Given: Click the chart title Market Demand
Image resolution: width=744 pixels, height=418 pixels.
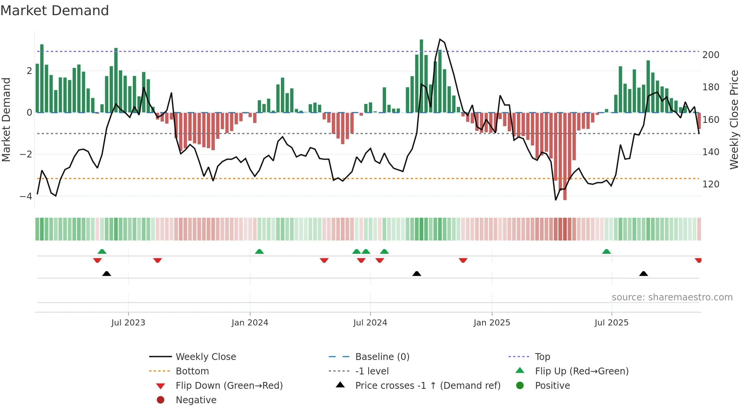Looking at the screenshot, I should pyautogui.click(x=55, y=11).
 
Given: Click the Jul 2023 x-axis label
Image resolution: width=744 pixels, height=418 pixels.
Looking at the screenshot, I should pyautogui.click(x=128, y=323).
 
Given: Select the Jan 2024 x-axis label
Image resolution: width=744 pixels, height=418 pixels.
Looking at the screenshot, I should pyautogui.click(x=250, y=323).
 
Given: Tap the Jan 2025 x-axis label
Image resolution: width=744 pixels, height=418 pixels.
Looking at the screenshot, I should pyautogui.click(x=492, y=323).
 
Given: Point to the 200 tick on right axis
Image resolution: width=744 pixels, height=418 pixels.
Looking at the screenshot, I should pyautogui.click(x=711, y=55).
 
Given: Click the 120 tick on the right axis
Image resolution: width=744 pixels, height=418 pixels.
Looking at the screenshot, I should pyautogui.click(x=711, y=184).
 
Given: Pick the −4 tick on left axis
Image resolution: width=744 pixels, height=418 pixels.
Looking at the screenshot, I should pyautogui.click(x=26, y=196).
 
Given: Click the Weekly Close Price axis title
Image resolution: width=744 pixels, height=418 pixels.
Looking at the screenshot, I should pyautogui.click(x=734, y=119).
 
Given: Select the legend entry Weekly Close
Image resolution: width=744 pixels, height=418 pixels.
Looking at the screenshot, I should pyautogui.click(x=205, y=357).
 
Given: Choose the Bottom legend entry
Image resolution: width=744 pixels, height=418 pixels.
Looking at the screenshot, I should pyautogui.click(x=192, y=371).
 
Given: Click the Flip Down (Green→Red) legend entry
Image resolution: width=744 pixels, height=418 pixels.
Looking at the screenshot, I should pyautogui.click(x=229, y=386).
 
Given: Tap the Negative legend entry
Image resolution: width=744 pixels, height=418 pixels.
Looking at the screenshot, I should pyautogui.click(x=196, y=400).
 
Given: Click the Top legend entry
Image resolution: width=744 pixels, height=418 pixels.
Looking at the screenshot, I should pyautogui.click(x=542, y=357).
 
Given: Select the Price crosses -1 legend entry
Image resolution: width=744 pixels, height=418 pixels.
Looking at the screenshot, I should pyautogui.click(x=427, y=386).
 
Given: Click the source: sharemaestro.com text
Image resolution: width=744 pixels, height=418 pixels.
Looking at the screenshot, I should pyautogui.click(x=672, y=297).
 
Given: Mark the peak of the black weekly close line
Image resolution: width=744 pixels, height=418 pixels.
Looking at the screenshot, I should pyautogui.click(x=440, y=39).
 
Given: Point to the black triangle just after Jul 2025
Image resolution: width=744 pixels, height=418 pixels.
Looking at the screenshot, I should pyautogui.click(x=643, y=273).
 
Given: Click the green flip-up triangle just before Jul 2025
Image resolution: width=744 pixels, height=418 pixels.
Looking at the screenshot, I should pyautogui.click(x=607, y=251).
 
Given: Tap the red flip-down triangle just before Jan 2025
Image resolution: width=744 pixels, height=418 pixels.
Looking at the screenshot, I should pyautogui.click(x=463, y=260).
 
